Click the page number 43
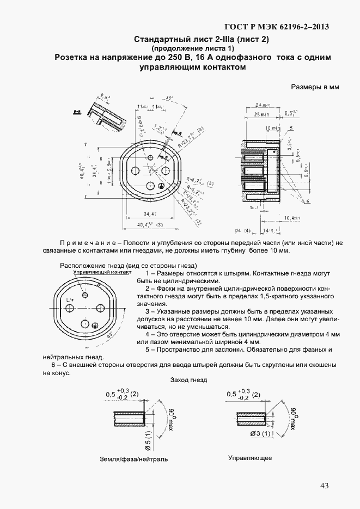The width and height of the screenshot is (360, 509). point(324,486)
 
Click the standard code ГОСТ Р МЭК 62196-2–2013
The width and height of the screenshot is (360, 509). point(277,27)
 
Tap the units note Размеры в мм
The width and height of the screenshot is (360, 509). point(315,87)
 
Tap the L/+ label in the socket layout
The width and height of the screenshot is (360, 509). point(70,299)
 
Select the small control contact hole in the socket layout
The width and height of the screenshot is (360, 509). point(85,295)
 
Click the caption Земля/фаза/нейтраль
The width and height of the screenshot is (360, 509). point(134,459)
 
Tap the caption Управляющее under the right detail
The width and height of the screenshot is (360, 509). point(250,458)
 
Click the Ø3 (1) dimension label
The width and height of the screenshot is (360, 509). point(259,434)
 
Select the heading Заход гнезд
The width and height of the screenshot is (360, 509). point(188,379)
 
